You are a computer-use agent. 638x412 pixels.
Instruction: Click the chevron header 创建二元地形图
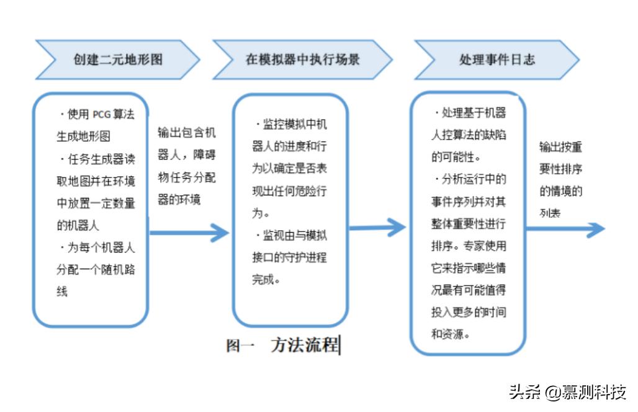118,60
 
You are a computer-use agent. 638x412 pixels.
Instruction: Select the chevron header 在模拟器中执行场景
302,60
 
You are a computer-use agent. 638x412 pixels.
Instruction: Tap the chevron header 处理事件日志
496,60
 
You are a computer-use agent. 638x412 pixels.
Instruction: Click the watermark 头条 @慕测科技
567,393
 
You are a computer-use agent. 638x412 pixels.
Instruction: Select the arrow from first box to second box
189,233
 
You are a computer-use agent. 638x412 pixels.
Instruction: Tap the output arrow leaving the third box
565,229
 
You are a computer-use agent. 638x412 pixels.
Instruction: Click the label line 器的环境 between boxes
179,200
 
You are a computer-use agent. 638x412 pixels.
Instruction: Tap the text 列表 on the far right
549,213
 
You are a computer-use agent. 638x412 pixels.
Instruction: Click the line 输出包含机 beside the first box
187,134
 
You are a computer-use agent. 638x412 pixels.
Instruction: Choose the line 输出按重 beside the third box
560,148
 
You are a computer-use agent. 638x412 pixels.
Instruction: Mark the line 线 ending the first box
62,291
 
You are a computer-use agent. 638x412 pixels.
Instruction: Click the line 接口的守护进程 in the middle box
289,257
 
